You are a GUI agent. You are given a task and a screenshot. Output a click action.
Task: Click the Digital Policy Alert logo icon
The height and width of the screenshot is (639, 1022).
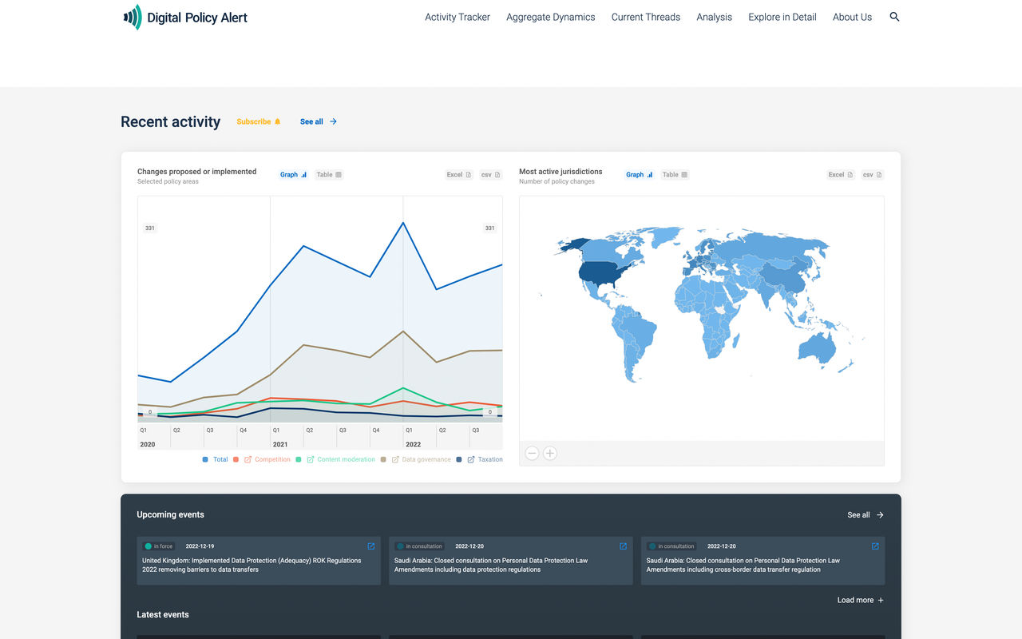pos(133,17)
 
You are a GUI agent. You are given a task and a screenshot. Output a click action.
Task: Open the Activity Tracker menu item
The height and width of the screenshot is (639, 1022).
pos(458,17)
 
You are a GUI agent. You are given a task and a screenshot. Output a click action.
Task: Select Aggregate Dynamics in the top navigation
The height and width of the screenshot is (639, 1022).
pos(551,17)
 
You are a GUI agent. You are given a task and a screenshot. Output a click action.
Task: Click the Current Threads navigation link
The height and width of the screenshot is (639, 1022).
pos(646,17)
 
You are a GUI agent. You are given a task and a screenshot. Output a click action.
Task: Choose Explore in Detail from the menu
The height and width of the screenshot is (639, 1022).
pos(782,17)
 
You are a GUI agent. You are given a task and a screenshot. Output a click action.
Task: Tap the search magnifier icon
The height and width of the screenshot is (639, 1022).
pos(894,17)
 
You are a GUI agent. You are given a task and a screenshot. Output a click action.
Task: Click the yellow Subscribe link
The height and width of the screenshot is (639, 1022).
pos(258,121)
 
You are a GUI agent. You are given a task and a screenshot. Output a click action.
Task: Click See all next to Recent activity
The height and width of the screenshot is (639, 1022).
pos(318,121)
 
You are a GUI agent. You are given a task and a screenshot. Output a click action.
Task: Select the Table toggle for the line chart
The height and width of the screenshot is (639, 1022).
pos(329,175)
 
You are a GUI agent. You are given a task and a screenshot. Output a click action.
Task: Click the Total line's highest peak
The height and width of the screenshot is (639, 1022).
pos(403,223)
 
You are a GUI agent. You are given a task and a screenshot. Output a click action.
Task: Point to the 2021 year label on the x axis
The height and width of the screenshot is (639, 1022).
pos(280,444)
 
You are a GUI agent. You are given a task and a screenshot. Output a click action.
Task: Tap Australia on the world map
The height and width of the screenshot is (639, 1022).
pos(817,347)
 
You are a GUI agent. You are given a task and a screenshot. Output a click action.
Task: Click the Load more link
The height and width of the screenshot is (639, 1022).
pos(861,600)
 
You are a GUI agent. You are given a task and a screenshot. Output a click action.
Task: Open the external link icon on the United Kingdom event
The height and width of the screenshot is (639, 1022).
pos(371,546)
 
